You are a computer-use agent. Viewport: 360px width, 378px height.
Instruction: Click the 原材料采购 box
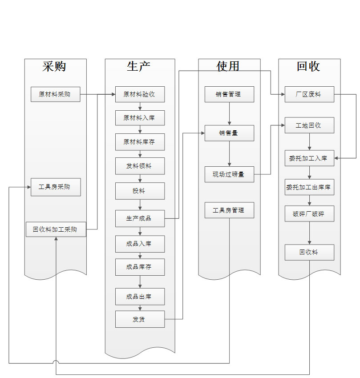tap(56, 94)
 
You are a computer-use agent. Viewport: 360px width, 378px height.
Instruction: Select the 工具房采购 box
tap(56, 187)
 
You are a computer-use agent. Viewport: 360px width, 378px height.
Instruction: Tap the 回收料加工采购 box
tap(56, 229)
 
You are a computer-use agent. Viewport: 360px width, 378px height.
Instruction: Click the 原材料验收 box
tap(140, 94)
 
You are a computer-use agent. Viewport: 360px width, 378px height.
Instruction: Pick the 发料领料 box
tap(140, 166)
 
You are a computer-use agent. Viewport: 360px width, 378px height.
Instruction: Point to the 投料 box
tap(140, 191)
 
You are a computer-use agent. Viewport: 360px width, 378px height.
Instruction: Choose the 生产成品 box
tap(140, 218)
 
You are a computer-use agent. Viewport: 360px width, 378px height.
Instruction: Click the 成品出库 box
tap(140, 297)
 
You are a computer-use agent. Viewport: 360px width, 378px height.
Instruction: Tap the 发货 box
tap(140, 319)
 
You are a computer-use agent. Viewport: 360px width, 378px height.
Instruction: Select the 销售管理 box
tap(229, 94)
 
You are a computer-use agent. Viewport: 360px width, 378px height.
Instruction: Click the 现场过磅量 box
tap(229, 174)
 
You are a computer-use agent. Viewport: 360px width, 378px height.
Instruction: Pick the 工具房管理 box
tap(229, 210)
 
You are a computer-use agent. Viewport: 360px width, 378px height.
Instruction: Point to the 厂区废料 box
tap(309, 94)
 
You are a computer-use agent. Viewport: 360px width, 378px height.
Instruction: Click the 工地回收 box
tap(309, 125)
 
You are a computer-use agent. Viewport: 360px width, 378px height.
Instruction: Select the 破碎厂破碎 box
tap(309, 213)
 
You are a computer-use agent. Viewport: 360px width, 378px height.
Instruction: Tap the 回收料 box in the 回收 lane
tap(309, 253)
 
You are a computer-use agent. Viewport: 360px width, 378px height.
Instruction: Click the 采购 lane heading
tap(54, 66)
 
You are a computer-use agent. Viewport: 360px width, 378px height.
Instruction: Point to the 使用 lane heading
tap(228, 66)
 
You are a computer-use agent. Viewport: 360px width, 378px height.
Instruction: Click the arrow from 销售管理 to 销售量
tap(230, 113)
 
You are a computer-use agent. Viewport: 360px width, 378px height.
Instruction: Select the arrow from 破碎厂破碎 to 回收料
tap(310, 233)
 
